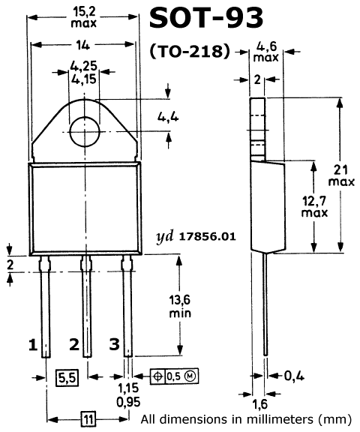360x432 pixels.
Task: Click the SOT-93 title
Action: point(206,18)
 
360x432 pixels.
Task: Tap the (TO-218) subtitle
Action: point(190,52)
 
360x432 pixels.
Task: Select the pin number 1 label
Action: point(33,344)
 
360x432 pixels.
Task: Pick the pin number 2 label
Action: point(74,344)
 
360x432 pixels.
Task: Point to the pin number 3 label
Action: point(114,344)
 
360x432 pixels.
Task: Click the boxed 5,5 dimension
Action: point(67,377)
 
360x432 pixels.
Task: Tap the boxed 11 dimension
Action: point(88,419)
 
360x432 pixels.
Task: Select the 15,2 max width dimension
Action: point(84,17)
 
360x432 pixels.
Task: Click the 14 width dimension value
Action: point(83,45)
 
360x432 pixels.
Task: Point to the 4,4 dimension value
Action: point(168,117)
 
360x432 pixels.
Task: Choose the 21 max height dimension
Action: point(341,175)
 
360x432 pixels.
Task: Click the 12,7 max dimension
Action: point(314,207)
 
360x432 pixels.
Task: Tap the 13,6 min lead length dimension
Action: point(180,306)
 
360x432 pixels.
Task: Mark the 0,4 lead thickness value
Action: point(294,376)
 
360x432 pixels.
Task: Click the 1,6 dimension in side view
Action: point(259,404)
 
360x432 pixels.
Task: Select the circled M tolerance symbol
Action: point(190,376)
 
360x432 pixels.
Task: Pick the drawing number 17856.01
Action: point(208,237)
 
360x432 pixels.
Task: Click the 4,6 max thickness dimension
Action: point(266,52)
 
